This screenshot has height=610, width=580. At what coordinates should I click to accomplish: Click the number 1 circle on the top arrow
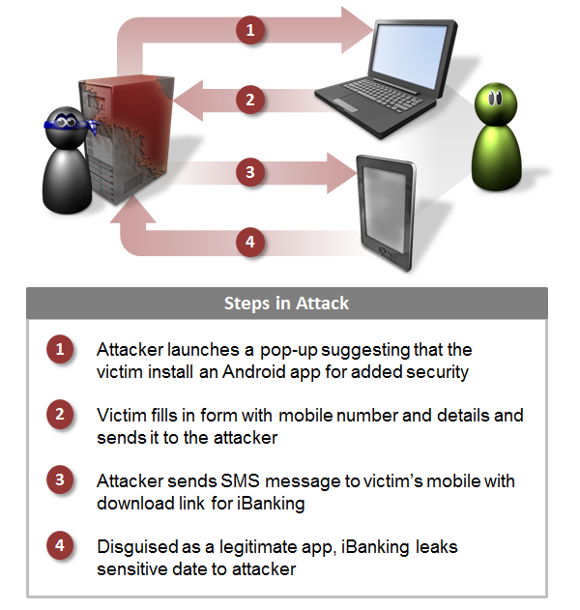pyautogui.click(x=250, y=30)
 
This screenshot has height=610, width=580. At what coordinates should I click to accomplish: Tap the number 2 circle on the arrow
pyautogui.click(x=250, y=100)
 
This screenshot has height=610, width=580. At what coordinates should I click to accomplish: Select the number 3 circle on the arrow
pyautogui.click(x=250, y=172)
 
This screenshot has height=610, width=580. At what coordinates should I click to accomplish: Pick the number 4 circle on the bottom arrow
pyautogui.click(x=250, y=242)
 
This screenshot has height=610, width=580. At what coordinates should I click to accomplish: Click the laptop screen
pyautogui.click(x=409, y=55)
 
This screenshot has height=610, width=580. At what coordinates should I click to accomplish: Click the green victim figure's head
pyautogui.click(x=496, y=103)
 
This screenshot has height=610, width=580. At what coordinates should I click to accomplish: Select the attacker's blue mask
pyautogui.click(x=71, y=123)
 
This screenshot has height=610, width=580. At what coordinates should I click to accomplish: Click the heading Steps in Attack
pyautogui.click(x=287, y=304)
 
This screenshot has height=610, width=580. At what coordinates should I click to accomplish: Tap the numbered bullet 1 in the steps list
pyautogui.click(x=60, y=349)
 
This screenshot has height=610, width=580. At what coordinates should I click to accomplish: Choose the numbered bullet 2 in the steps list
pyautogui.click(x=60, y=415)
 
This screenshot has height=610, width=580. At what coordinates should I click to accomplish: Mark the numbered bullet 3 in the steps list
pyautogui.click(x=60, y=479)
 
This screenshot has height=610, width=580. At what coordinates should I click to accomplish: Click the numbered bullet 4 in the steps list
pyautogui.click(x=60, y=545)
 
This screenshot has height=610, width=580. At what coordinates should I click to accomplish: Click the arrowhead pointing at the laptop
pyautogui.click(x=356, y=30)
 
